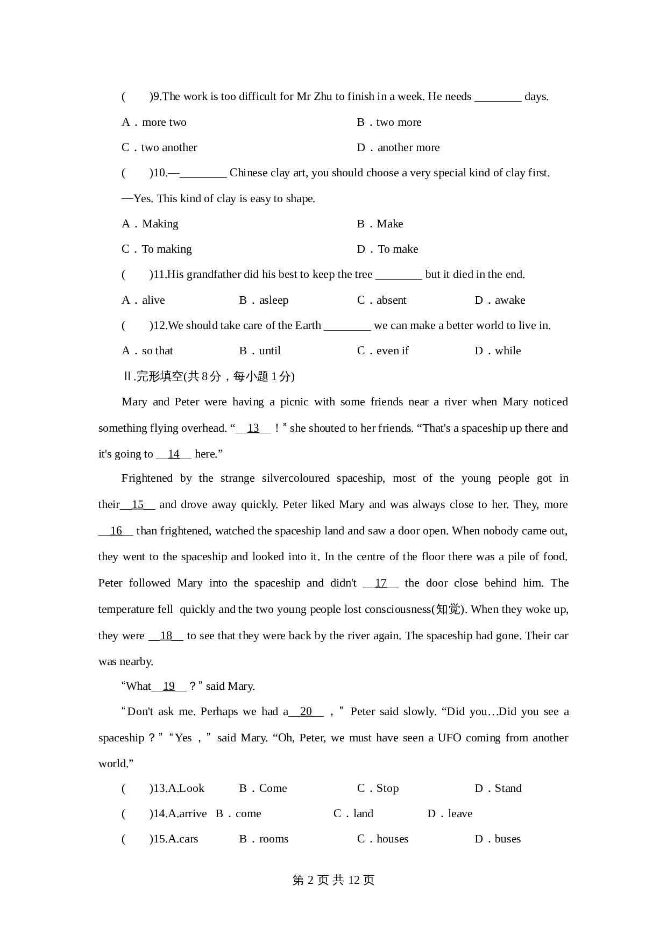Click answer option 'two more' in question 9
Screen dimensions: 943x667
(398, 122)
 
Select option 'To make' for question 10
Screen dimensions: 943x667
(398, 249)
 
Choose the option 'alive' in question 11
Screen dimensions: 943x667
(153, 300)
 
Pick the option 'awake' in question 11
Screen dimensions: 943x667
(509, 300)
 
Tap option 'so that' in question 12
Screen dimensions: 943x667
(157, 351)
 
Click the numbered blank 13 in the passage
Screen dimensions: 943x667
(253, 428)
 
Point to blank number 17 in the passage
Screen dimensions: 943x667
(381, 583)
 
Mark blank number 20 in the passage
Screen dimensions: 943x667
(306, 711)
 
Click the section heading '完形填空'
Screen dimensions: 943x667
(160, 376)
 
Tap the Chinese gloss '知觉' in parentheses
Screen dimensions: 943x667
(448, 609)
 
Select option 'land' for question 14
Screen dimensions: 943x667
(363, 813)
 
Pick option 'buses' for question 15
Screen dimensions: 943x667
(507, 839)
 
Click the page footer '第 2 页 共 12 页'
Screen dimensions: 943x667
(334, 880)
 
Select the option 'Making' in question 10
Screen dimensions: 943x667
(160, 224)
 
